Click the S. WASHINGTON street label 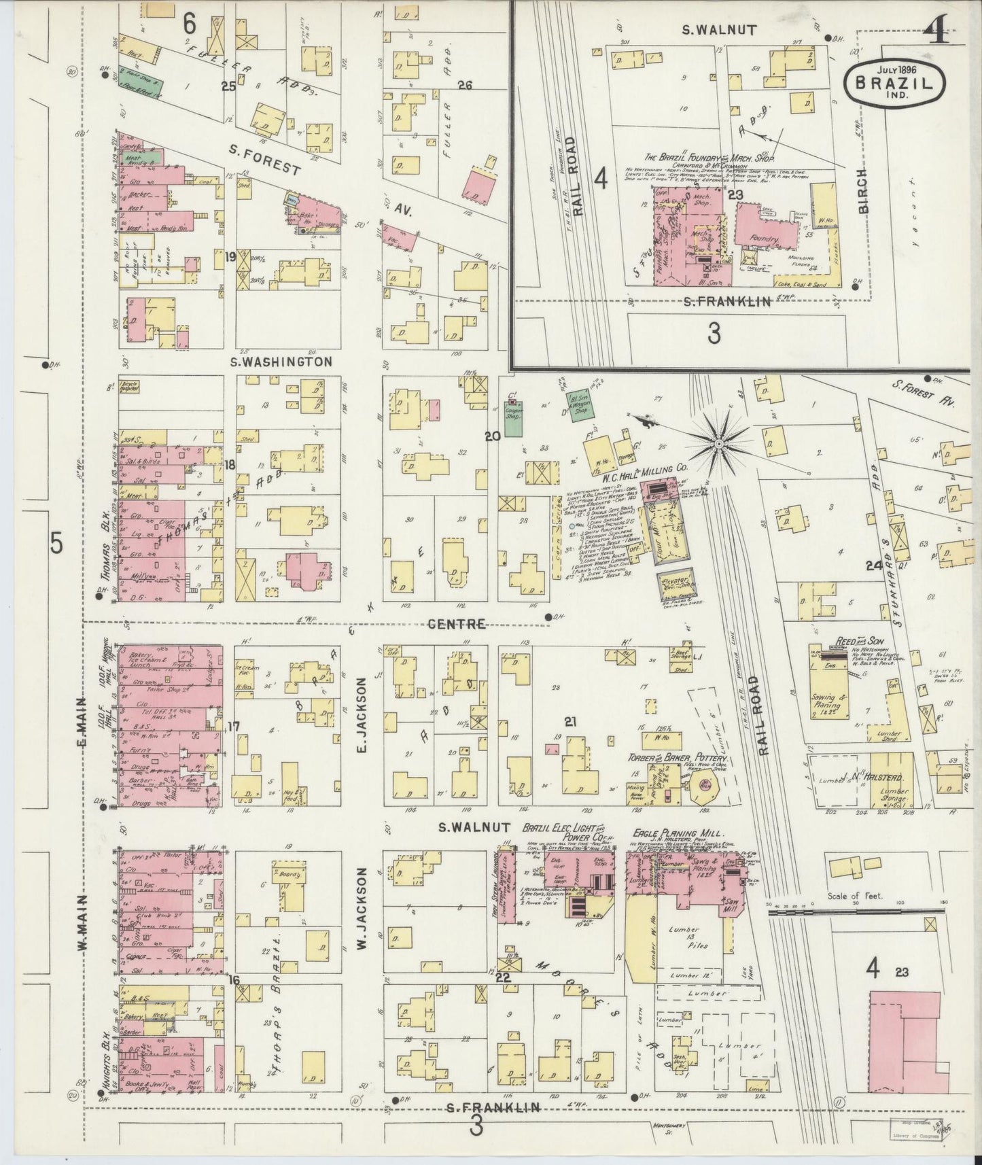click(x=281, y=362)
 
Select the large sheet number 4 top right click(x=939, y=29)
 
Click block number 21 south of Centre click(x=569, y=721)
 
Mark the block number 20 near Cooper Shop click(x=492, y=438)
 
